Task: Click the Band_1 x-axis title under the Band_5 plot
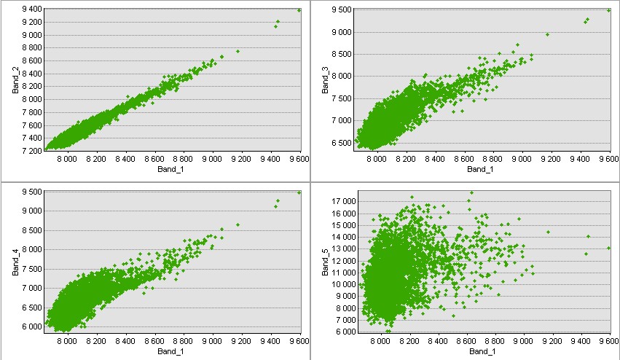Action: point(481,353)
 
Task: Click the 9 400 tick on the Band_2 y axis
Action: point(29,9)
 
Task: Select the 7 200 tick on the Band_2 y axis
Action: point(29,151)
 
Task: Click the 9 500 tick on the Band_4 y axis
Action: point(29,192)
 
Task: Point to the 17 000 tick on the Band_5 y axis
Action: point(343,201)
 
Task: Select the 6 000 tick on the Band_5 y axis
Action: point(345,332)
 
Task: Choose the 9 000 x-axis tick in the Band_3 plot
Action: point(522,158)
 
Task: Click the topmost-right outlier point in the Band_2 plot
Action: point(299,9)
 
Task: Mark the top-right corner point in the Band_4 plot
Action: point(299,192)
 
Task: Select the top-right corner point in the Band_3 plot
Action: point(609,10)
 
